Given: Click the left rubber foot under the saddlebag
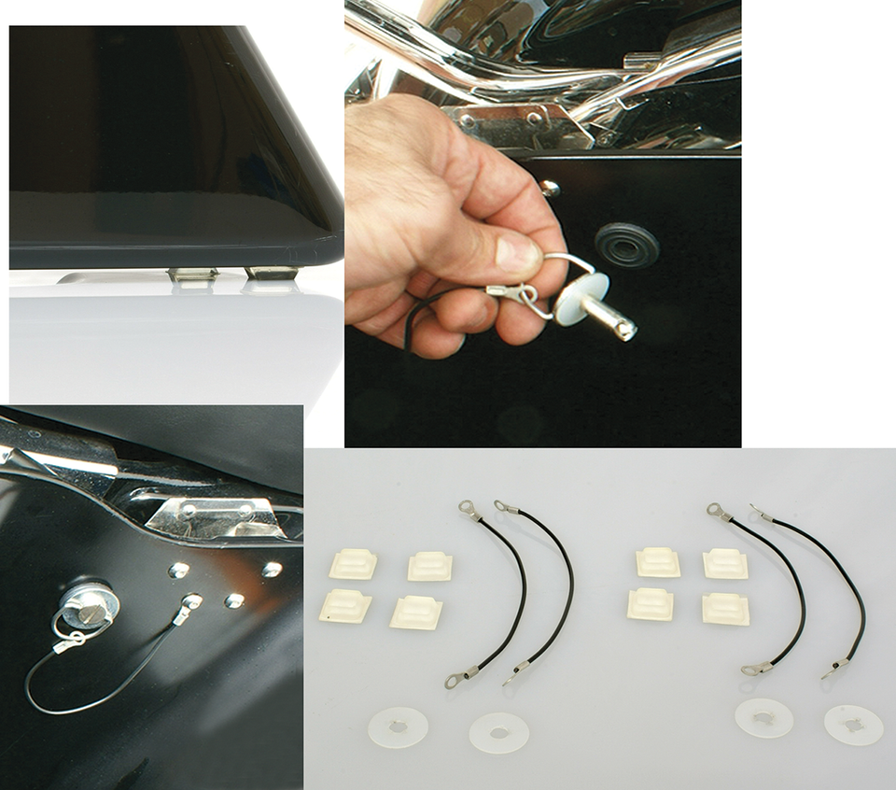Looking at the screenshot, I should coord(191,275).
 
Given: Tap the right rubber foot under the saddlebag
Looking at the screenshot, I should coord(270,273).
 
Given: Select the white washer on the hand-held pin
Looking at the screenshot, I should coord(581,298).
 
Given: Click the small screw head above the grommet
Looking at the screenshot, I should coord(550,189).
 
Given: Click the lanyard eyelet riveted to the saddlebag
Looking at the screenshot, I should coord(190,602).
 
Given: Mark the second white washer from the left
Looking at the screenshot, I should coord(498,732).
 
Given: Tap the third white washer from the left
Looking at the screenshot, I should coord(763,718).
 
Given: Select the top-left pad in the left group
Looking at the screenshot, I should coord(353,564).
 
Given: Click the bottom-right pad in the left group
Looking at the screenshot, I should coord(416,612).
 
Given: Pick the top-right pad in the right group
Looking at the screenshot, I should coord(725,563).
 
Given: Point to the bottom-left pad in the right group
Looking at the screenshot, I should coord(651,604).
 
